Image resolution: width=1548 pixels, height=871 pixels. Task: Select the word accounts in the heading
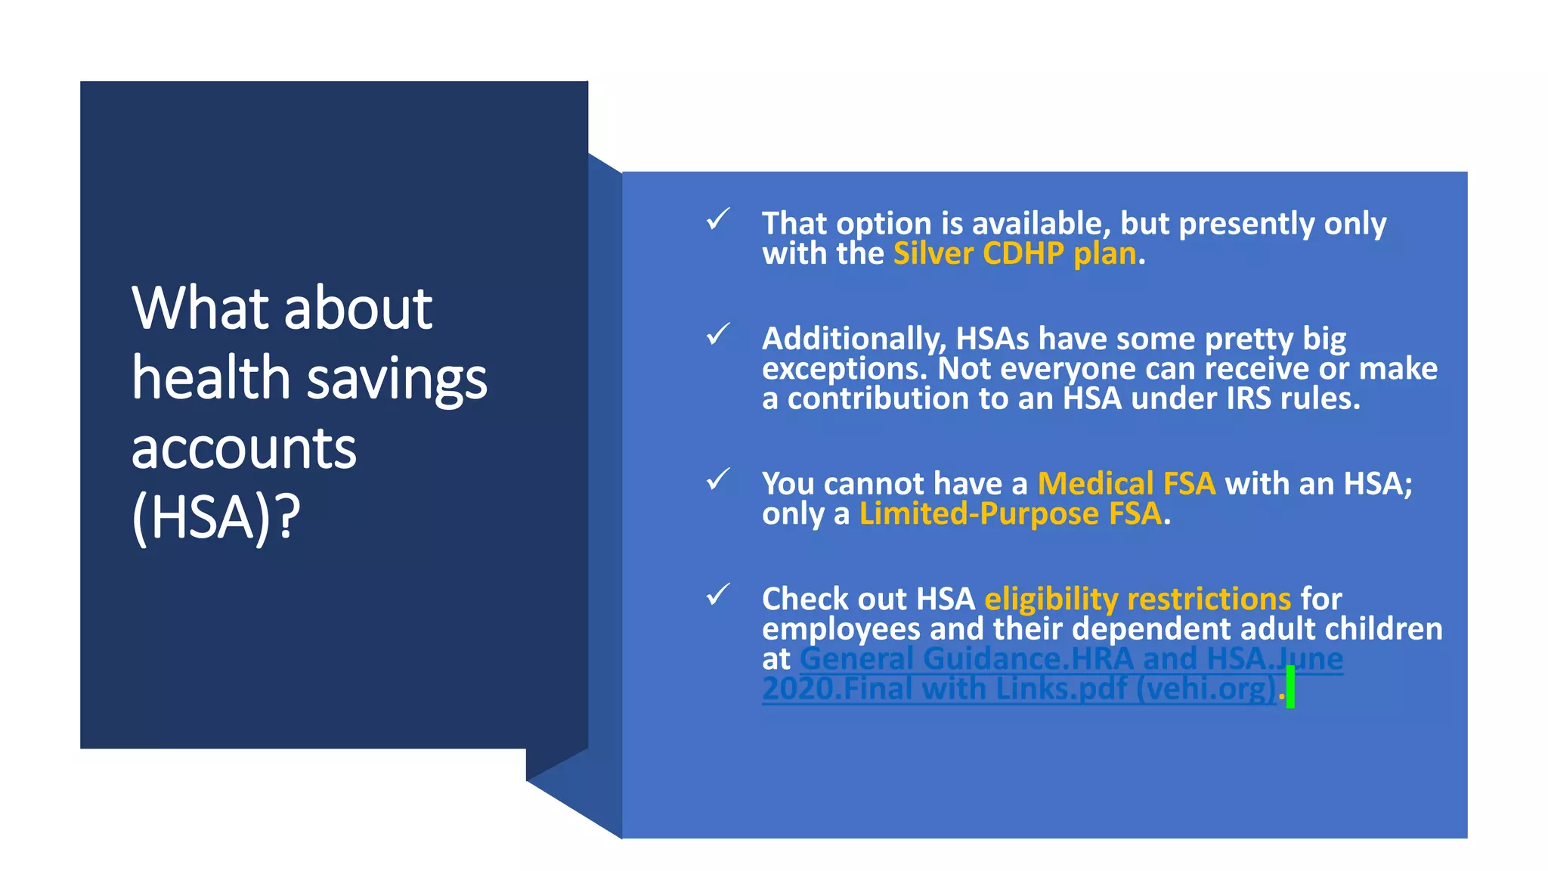click(243, 448)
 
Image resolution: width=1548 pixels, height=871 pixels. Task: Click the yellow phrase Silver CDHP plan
click(1014, 254)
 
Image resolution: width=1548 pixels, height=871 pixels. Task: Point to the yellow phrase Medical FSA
click(1126, 484)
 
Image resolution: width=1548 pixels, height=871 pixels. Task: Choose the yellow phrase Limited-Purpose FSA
click(1010, 514)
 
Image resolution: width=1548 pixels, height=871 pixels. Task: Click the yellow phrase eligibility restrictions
click(1138, 599)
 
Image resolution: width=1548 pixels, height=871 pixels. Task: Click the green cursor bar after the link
click(1290, 687)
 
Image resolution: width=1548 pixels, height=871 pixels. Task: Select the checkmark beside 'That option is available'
click(717, 219)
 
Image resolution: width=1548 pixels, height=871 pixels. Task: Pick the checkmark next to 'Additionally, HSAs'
click(717, 334)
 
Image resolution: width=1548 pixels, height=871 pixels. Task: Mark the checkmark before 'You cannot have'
click(717, 479)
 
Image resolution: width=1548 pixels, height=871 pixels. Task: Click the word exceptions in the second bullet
click(844, 369)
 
